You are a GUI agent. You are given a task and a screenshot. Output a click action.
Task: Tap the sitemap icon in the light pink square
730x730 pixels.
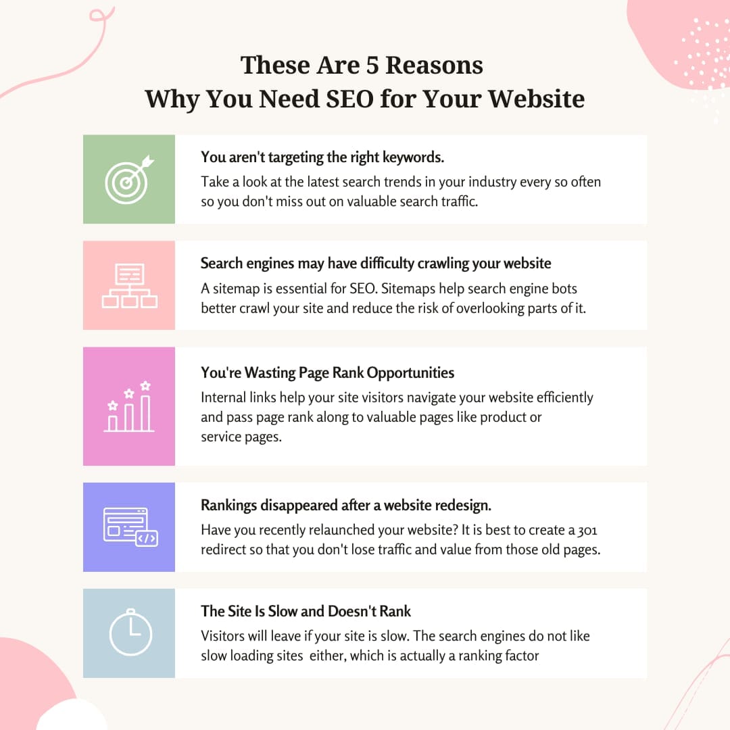pyautogui.click(x=129, y=285)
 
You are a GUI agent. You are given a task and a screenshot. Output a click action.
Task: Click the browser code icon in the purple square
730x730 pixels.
pyautogui.click(x=130, y=527)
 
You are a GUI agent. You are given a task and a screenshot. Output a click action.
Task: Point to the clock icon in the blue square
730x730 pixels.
pyautogui.click(x=130, y=633)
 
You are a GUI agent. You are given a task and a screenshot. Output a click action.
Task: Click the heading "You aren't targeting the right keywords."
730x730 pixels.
pyautogui.click(x=322, y=157)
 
